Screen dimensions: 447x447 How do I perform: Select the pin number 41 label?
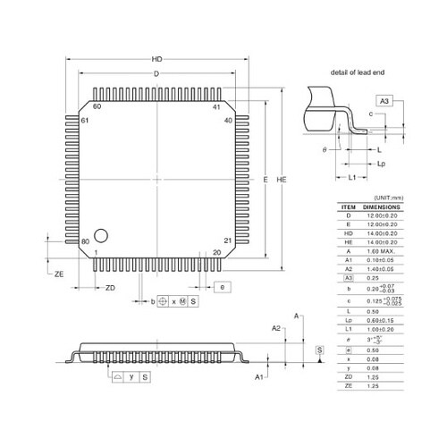[215, 106]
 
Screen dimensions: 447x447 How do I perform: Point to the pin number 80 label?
[86, 241]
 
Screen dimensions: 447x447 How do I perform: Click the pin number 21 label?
[227, 241]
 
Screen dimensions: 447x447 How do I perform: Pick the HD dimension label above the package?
[156, 59]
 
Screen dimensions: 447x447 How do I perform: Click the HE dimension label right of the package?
[283, 180]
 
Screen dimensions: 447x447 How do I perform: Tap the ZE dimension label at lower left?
[59, 274]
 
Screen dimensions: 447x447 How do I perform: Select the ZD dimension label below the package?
[109, 288]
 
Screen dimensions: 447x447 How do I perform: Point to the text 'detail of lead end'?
[357, 71]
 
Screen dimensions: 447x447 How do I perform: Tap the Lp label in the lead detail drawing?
[381, 164]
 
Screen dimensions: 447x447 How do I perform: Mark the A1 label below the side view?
[259, 378]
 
